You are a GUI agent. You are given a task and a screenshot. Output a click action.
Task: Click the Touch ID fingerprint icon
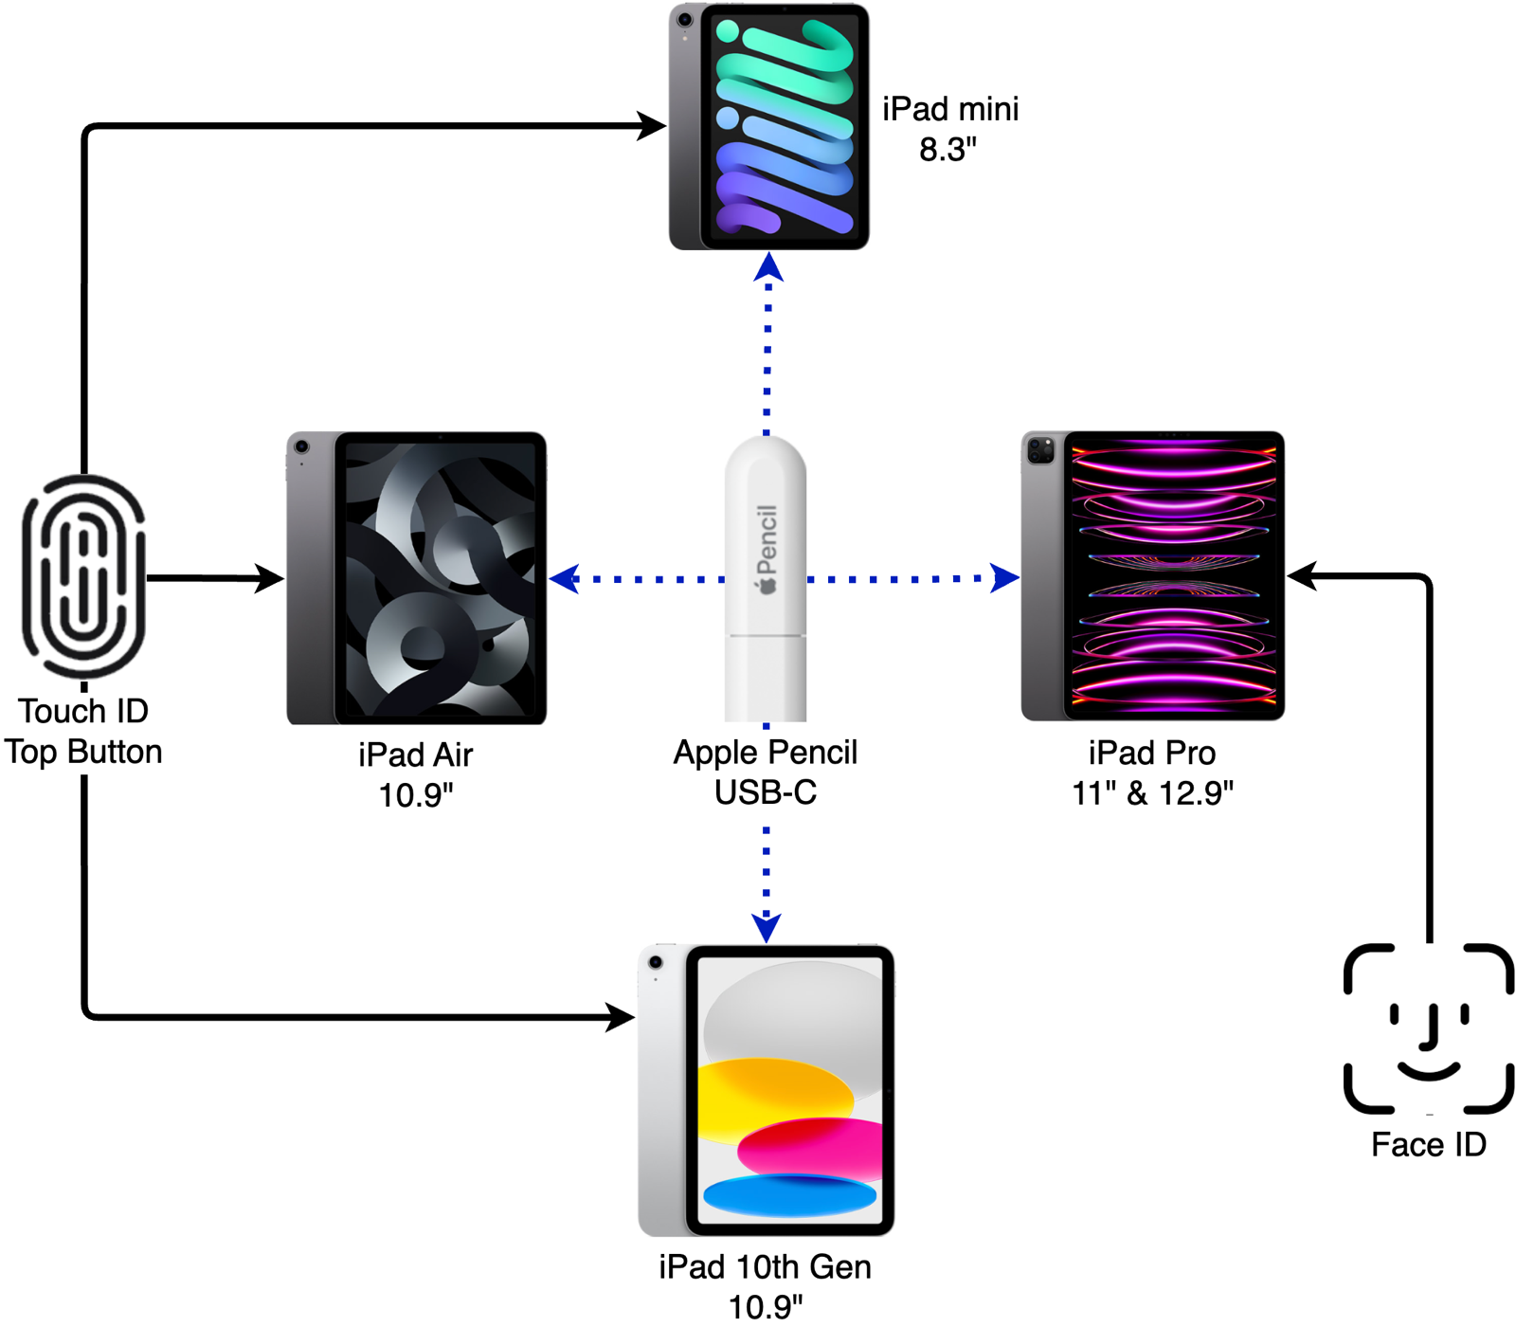(x=84, y=576)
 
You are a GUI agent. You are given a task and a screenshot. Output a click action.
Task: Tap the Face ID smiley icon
(x=1428, y=1028)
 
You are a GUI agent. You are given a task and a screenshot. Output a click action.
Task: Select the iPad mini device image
(x=769, y=127)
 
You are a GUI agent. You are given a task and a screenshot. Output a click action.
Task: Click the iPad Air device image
(x=417, y=578)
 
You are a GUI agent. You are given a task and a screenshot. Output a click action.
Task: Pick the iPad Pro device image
(x=1153, y=576)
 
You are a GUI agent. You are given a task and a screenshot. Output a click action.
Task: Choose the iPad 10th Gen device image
(x=767, y=1090)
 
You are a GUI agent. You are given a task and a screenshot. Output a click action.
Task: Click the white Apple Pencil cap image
(x=766, y=578)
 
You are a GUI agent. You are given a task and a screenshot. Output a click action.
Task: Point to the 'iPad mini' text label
(x=950, y=109)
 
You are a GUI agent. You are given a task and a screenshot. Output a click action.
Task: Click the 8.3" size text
(x=947, y=150)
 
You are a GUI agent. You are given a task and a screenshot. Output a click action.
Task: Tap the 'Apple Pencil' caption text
(x=766, y=753)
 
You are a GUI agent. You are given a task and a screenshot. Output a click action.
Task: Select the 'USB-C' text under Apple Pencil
(x=766, y=792)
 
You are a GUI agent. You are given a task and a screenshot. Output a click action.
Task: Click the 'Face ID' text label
(x=1428, y=1145)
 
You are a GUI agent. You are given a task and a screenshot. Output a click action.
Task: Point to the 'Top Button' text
(x=83, y=752)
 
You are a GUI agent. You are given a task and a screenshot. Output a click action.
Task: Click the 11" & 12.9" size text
(x=1152, y=793)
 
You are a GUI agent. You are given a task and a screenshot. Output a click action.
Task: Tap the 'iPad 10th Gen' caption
(x=766, y=1267)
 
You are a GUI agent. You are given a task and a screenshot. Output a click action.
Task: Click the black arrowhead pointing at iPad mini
(x=652, y=125)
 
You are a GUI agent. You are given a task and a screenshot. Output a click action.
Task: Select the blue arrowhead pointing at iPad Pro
(x=1005, y=577)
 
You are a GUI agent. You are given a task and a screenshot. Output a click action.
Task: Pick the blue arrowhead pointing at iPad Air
(x=564, y=578)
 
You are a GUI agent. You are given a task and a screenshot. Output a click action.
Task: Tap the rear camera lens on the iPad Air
(x=301, y=446)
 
